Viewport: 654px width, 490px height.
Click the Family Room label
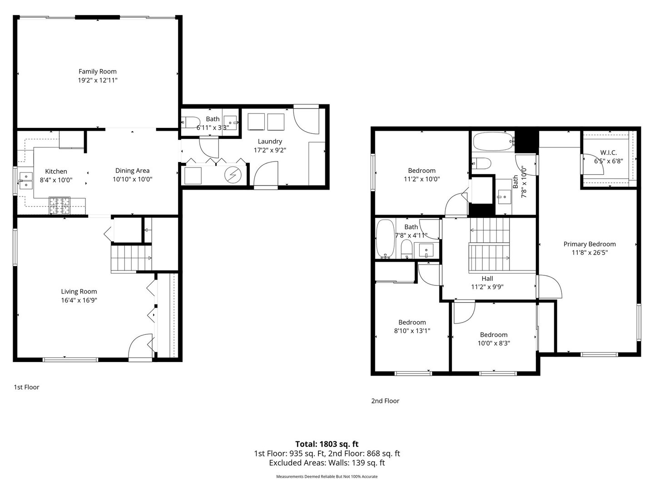[x=98, y=71]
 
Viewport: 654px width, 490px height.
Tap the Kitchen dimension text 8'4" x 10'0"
[x=56, y=180]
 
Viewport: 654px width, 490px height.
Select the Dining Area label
[x=132, y=171]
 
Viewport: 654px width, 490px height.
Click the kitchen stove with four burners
[x=59, y=206]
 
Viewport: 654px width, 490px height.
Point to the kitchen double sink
[x=26, y=181]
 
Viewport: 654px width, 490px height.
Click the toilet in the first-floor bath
[x=191, y=122]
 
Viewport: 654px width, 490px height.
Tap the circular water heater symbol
[x=233, y=175]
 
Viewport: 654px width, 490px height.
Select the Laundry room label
[x=270, y=141]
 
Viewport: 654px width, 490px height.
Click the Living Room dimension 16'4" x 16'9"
[x=79, y=300]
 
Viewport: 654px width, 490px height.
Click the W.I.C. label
[x=609, y=152]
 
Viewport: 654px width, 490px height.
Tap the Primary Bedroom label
[x=590, y=244]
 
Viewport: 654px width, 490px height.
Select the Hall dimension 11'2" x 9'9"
[x=487, y=287]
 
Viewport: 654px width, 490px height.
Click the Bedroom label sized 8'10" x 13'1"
[x=412, y=322]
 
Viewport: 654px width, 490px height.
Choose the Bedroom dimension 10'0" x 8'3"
[x=494, y=343]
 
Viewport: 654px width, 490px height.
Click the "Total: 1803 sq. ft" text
[x=327, y=444]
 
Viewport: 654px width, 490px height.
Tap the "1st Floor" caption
[x=26, y=387]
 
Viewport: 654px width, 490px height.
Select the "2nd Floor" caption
[x=385, y=401]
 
